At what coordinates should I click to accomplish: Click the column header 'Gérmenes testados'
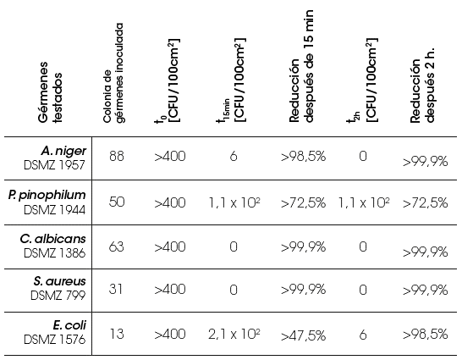point(51,92)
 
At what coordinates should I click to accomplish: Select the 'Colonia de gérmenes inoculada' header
point(113,73)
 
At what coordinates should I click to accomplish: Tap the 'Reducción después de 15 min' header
point(301,66)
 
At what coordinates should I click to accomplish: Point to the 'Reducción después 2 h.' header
point(422,86)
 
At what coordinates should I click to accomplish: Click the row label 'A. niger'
point(63,151)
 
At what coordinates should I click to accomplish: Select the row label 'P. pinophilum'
point(47,196)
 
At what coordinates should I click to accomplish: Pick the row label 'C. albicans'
point(53,239)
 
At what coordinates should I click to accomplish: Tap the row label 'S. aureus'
point(59,281)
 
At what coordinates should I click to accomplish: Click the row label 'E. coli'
point(69,325)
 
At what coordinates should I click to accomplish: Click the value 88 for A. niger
point(117,156)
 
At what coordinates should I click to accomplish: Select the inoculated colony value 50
point(117,202)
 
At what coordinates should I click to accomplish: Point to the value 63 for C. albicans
point(117,246)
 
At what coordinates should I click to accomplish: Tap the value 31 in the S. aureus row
point(115,289)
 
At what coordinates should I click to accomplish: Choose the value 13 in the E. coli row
point(117,334)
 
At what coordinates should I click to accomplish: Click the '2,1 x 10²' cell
point(234,334)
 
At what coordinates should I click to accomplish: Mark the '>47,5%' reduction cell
point(303,335)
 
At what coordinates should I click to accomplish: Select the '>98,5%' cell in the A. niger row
point(303,157)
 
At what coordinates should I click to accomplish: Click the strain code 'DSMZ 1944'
point(54,210)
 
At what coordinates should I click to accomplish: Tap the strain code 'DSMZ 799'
point(58,295)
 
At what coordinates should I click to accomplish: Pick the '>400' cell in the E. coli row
point(170,334)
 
